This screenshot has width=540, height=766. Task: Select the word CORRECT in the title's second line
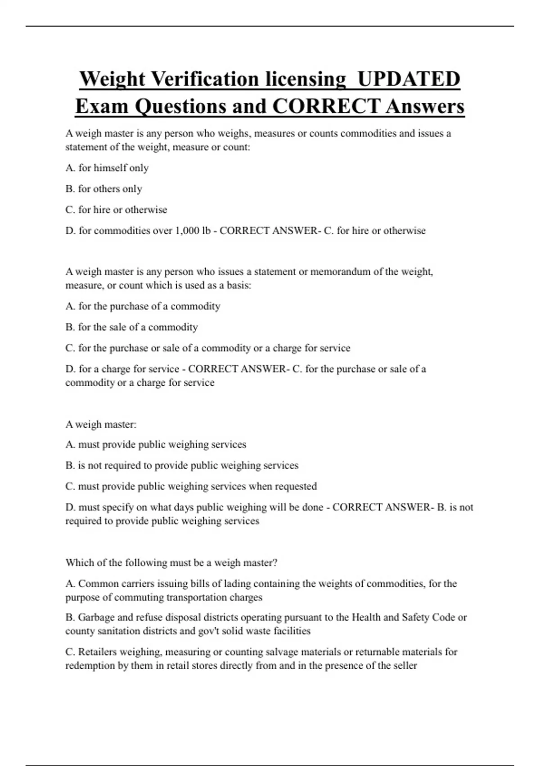[326, 106]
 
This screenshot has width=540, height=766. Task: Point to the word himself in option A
[110, 168]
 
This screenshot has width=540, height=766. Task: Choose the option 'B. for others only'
[104, 189]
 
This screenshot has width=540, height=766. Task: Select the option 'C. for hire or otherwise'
[116, 210]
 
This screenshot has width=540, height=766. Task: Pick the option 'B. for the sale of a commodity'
[131, 327]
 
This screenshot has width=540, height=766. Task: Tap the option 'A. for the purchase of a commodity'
[143, 306]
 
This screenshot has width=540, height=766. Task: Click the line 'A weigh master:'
[101, 424]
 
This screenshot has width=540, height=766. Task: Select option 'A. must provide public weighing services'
[156, 445]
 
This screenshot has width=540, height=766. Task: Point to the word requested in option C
[296, 487]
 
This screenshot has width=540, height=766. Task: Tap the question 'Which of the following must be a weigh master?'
[171, 563]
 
